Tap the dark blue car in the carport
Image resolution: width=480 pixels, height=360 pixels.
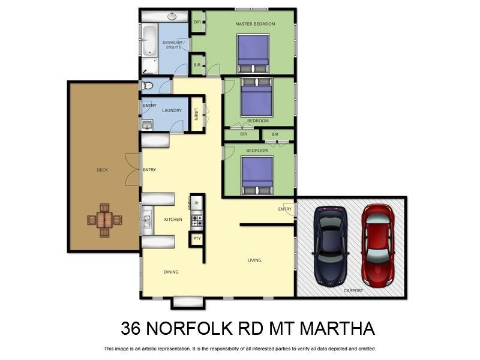click(x=331, y=246)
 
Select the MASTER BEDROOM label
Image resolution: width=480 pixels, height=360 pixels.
click(x=255, y=24)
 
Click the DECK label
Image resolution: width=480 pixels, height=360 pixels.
click(x=103, y=170)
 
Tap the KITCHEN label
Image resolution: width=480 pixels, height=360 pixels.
click(x=173, y=220)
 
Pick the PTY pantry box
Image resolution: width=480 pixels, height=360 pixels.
click(x=197, y=239)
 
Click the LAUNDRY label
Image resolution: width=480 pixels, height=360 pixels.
click(x=172, y=110)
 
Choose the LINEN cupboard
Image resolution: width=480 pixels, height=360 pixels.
click(x=196, y=113)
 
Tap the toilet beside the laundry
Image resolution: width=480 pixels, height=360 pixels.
click(x=148, y=86)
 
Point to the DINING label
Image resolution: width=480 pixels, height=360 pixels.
click(x=171, y=272)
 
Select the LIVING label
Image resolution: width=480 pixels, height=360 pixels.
click(x=255, y=260)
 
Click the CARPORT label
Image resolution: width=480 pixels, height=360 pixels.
click(x=353, y=290)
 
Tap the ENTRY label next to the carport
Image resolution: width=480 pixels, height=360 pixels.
click(x=285, y=209)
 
